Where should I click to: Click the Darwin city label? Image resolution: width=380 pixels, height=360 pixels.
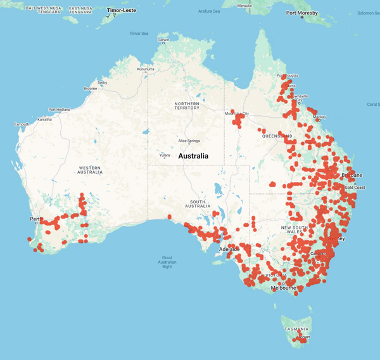pyautogui.click(x=163, y=39)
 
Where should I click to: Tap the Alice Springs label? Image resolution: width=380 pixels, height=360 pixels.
pyautogui.click(x=189, y=141)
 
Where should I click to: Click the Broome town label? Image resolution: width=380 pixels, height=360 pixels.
pyautogui.click(x=90, y=89)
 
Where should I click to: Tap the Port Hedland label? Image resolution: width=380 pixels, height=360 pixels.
pyautogui.click(x=60, y=109)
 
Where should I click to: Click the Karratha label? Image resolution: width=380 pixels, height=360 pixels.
pyautogui.click(x=44, y=119)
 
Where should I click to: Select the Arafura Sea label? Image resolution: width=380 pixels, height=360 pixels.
pyautogui.click(x=210, y=11)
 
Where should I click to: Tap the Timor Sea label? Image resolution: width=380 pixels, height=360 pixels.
pyautogui.click(x=139, y=33)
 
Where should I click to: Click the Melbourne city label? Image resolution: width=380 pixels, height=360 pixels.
pyautogui.click(x=284, y=288)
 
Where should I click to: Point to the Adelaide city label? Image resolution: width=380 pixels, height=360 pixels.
pyautogui.click(x=229, y=249)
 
